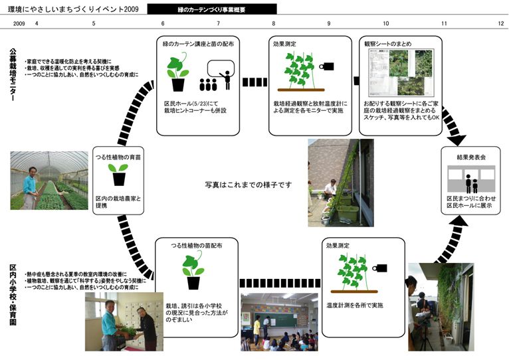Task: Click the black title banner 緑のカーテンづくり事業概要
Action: pos(211,9)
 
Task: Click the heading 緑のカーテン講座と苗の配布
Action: pos(192,43)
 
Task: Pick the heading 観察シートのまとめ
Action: pos(388,43)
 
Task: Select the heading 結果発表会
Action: pos(472,157)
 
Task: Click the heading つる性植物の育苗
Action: pos(120,155)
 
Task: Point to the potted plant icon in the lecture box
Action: pos(177,72)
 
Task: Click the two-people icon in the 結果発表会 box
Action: pos(471,183)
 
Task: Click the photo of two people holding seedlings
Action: pos(120,322)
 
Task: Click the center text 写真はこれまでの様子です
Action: pos(249,184)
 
